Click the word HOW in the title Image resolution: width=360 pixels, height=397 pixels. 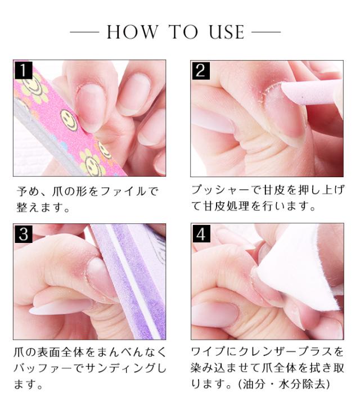coord(133,32)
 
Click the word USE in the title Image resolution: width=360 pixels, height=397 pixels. coord(227,32)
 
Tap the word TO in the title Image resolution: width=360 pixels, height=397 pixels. coord(183,32)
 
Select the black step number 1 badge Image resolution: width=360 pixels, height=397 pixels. coord(23,70)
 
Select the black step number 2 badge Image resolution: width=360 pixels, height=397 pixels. coord(201,71)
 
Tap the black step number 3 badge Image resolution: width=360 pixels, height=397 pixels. coord(23,234)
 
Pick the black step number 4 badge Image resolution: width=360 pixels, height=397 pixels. coord(201,234)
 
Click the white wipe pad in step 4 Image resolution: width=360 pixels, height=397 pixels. coord(301,266)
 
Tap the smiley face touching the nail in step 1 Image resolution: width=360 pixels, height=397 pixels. coord(69,120)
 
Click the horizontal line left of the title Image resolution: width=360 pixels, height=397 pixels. coord(84,32)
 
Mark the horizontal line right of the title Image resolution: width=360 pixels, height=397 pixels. coord(266,32)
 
